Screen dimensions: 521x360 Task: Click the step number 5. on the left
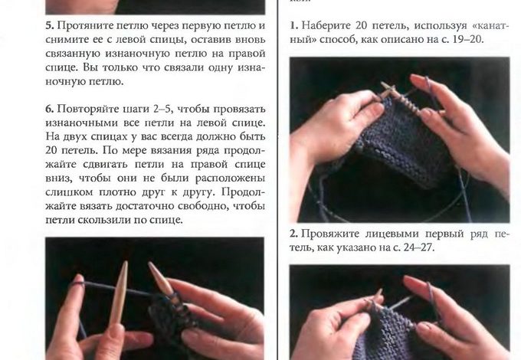[x=50, y=25]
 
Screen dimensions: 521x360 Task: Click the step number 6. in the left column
[x=50, y=109]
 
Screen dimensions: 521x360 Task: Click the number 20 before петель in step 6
[x=51, y=151]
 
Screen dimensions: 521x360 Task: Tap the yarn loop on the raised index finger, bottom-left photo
[x=77, y=283]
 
